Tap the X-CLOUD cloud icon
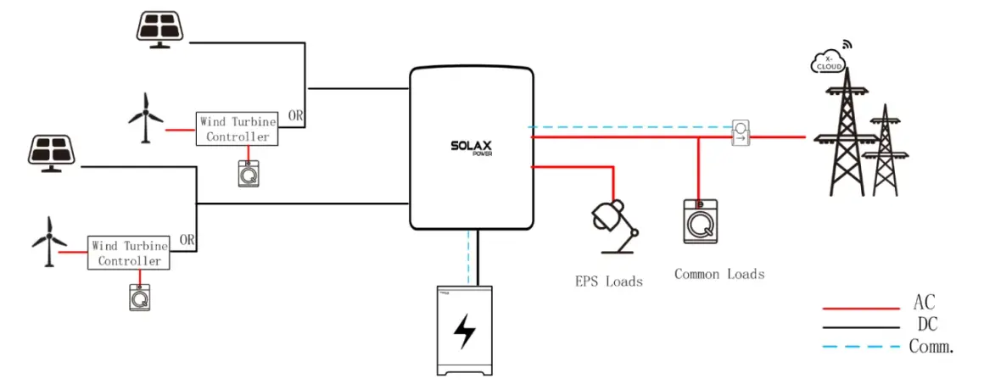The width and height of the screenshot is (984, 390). point(829,60)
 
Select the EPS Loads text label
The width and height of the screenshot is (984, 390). point(609,281)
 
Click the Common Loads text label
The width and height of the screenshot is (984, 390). point(719,274)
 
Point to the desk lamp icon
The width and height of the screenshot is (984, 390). point(614,226)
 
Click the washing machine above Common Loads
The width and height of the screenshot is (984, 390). point(700,221)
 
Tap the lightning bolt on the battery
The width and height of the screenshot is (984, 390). point(464,331)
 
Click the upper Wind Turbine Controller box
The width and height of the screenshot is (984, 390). point(237,129)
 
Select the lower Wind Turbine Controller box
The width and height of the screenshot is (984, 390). point(129,253)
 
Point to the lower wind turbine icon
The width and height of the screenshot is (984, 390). point(49,242)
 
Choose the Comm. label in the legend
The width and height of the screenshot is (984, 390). point(931,345)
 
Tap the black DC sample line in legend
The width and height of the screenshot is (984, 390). point(861,327)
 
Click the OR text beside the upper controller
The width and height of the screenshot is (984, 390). point(295,115)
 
